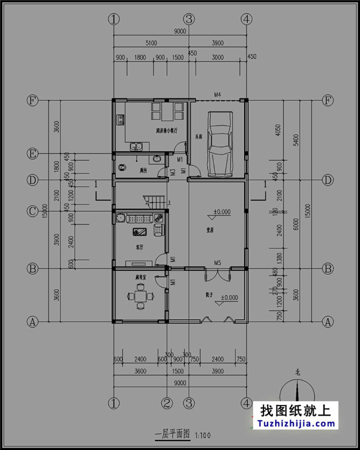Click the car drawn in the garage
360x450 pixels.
pos(220,143)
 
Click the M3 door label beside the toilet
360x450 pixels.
pos(173,171)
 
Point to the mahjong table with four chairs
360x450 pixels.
pos(140,296)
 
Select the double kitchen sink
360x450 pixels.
pos(136,147)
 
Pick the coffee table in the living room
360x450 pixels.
pos(139,232)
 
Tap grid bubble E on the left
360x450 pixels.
pos(33,153)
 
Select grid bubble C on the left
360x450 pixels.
pos(33,211)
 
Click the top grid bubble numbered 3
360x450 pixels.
pos(190,19)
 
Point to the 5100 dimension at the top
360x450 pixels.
pos(151,43)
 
